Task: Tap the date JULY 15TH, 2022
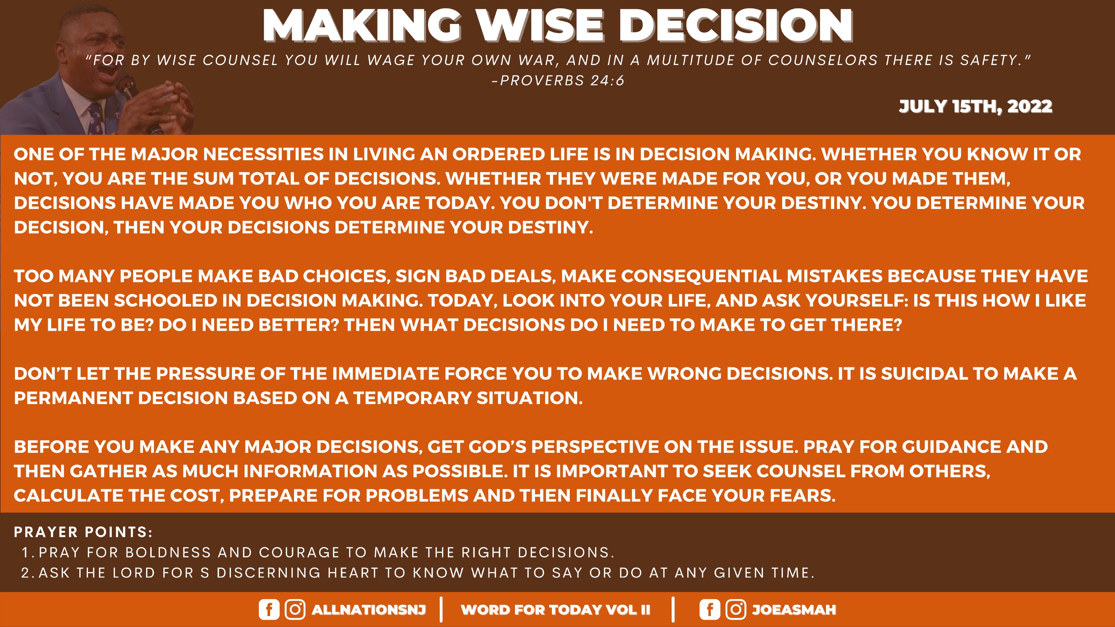pos(975,106)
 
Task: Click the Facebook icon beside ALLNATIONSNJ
pos(269,609)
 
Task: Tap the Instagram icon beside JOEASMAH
pos(735,609)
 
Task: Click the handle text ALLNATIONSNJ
pos(369,610)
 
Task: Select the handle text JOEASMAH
pos(794,610)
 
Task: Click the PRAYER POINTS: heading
pos(83,532)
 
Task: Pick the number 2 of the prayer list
pos(26,573)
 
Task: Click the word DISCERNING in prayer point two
pos(269,573)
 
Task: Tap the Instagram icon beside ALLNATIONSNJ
pos(295,609)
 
